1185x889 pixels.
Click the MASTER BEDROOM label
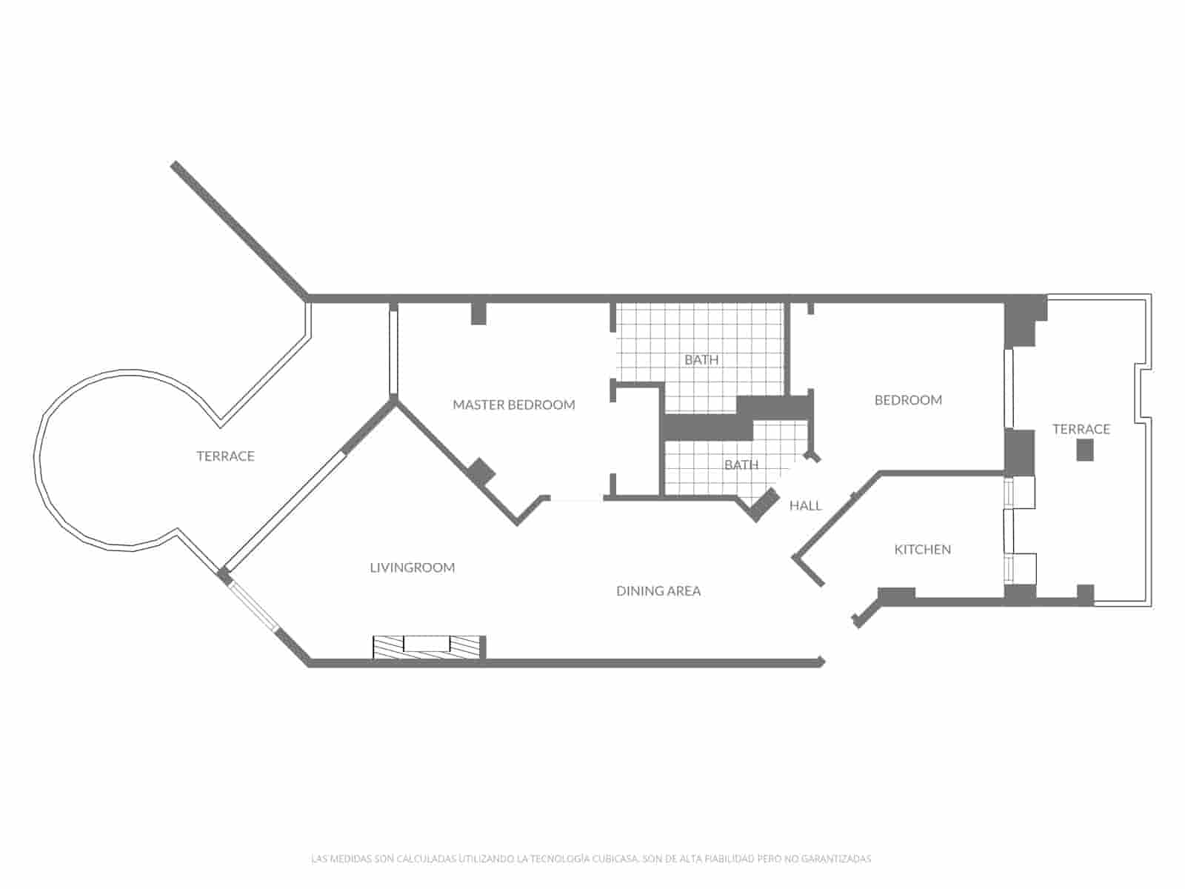tap(514, 405)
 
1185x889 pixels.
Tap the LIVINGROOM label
tap(413, 567)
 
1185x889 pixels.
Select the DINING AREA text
tap(658, 591)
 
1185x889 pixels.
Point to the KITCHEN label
tap(923, 550)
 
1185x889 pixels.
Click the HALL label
tap(805, 506)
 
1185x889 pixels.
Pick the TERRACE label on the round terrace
tap(225, 456)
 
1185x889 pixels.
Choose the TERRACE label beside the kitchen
tap(1081, 430)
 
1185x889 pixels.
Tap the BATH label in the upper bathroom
tap(701, 360)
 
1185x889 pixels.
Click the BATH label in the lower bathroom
tap(741, 465)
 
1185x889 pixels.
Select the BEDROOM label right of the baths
tap(908, 400)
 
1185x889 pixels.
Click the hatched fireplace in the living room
tap(429, 647)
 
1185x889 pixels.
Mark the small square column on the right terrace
tap(1085, 450)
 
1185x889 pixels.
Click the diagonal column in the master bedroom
tap(481, 472)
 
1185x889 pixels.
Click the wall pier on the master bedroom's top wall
tap(479, 313)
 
